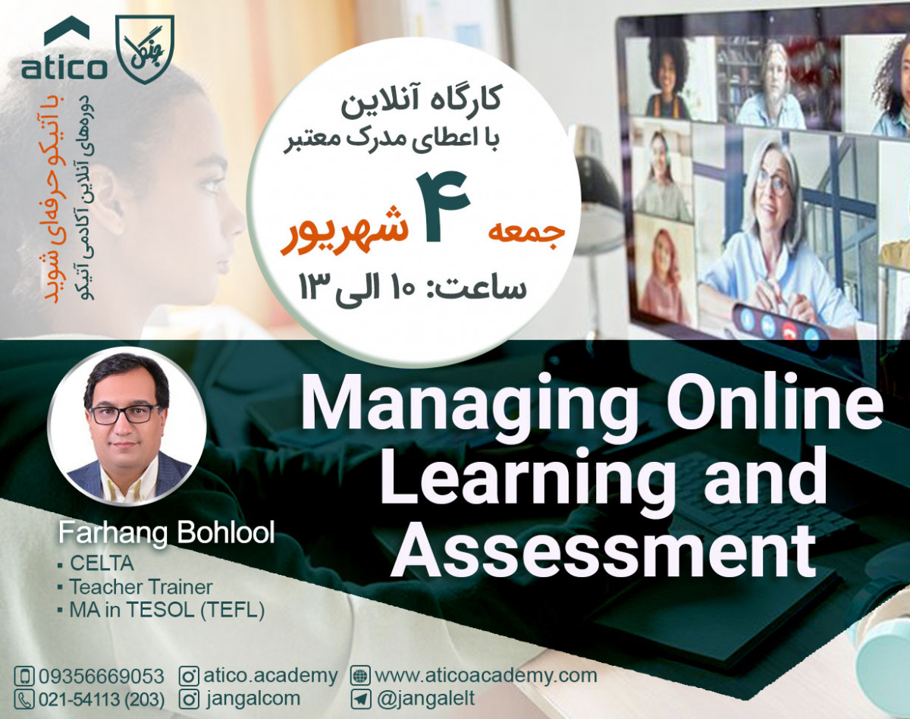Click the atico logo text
[64, 68]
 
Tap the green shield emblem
[144, 47]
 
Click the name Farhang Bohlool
[167, 534]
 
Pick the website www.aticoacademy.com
[485, 675]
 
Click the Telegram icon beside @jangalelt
[361, 699]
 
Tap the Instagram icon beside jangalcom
[190, 699]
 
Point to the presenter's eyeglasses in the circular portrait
[126, 414]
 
